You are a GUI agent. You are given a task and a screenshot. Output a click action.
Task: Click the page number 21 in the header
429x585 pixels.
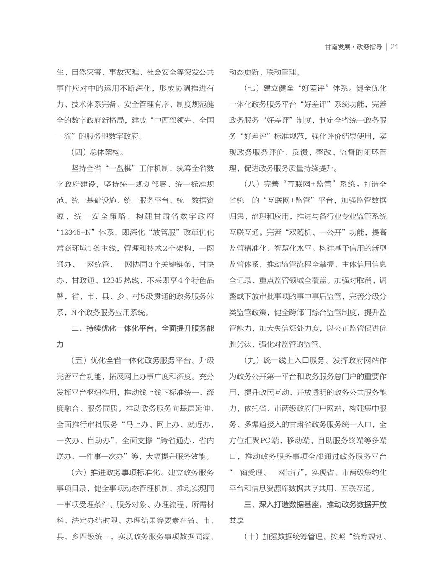394,47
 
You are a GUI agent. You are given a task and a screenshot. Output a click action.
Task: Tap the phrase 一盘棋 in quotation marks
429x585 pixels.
121,169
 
